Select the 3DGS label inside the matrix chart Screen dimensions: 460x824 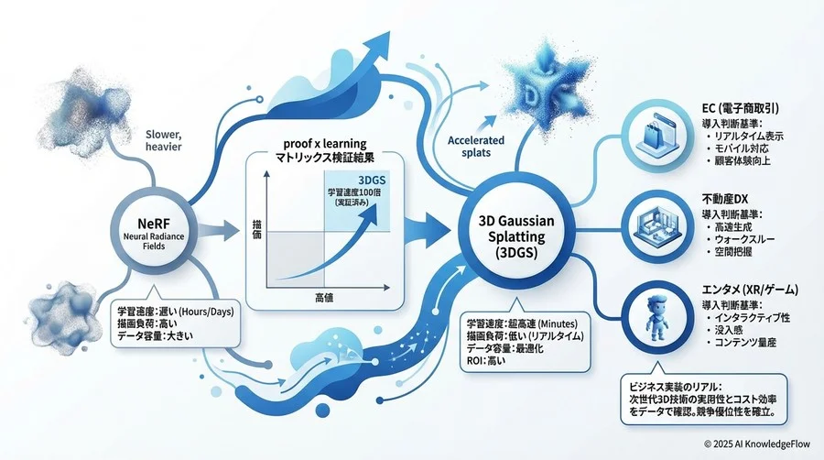coord(369,178)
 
